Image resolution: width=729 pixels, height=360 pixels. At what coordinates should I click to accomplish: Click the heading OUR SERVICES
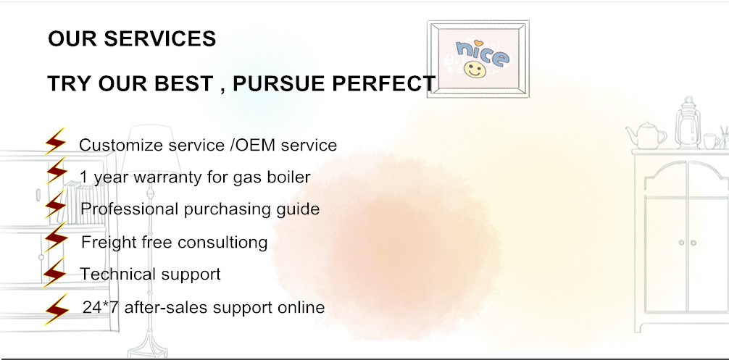click(x=132, y=39)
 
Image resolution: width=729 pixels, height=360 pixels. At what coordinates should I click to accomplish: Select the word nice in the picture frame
click(x=482, y=53)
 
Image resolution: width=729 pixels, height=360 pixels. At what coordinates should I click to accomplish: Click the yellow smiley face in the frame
click(x=475, y=70)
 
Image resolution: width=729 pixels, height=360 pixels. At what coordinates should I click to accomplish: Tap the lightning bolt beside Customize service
click(x=55, y=141)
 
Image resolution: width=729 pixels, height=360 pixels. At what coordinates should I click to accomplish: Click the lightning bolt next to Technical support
click(x=54, y=272)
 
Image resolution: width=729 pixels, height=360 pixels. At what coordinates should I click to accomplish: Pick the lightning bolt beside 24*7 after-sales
click(x=57, y=309)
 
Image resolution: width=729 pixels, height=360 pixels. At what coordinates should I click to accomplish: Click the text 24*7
click(x=101, y=307)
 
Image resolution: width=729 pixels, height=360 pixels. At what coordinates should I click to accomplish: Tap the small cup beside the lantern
click(x=711, y=141)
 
